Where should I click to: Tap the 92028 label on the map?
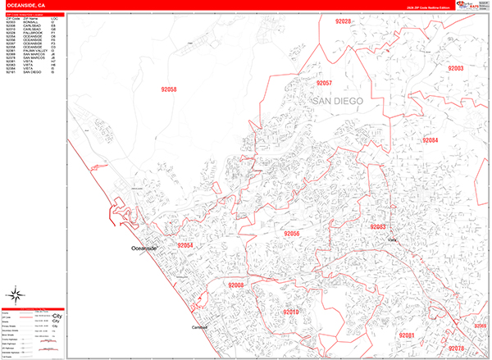[343, 21]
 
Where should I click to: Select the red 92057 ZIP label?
[321, 84]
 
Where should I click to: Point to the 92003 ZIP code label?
[455, 68]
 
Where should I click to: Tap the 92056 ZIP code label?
[292, 234]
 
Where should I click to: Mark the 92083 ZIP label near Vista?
[379, 226]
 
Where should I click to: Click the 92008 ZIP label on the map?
[236, 285]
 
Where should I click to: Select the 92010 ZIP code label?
[292, 312]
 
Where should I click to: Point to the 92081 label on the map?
[407, 336]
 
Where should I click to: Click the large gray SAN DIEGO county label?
[348, 100]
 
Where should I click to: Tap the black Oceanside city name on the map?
[148, 248]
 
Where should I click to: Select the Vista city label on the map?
[392, 239]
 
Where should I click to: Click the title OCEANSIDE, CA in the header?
[25, 5]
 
